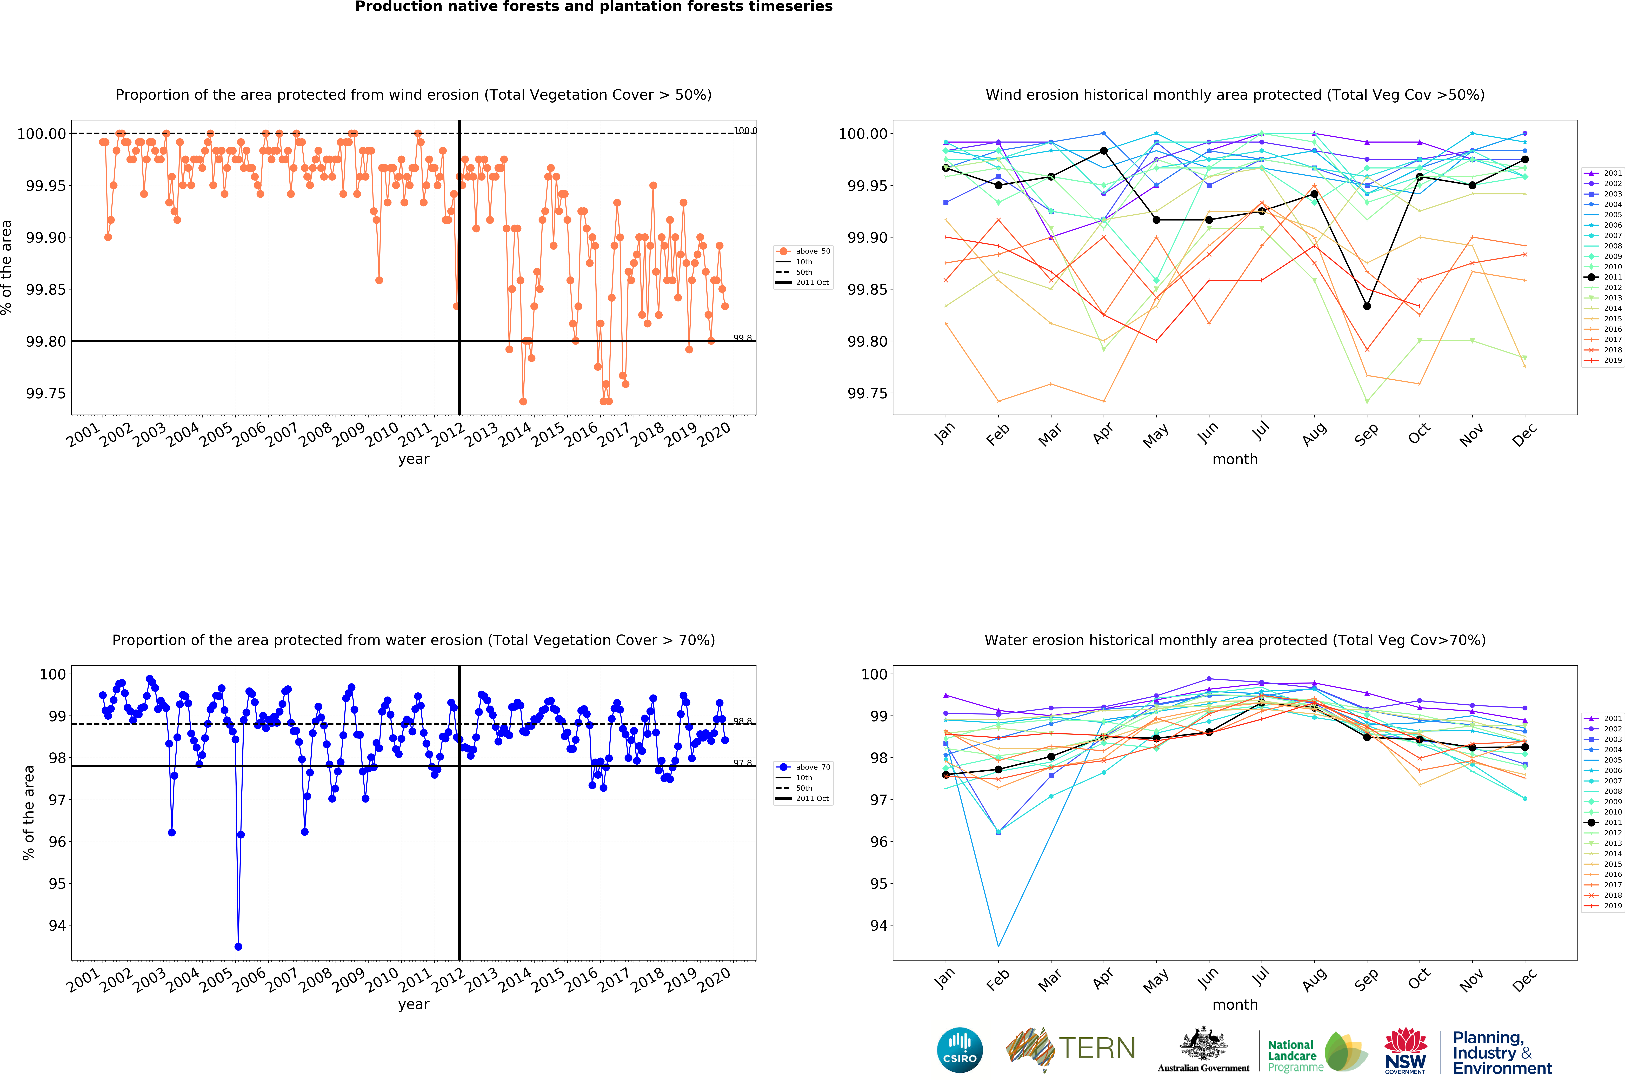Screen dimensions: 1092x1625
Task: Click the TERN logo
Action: tap(1070, 1049)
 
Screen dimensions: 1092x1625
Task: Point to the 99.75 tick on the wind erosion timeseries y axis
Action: tap(46, 393)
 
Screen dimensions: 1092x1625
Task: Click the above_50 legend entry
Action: tap(804, 251)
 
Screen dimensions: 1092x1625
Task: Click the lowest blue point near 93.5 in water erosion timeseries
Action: tap(238, 947)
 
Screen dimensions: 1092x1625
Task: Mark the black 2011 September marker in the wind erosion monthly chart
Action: tap(1367, 306)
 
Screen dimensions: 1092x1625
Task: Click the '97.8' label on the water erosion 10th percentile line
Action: tap(742, 763)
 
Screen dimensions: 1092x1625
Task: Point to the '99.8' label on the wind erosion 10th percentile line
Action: tap(742, 338)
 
